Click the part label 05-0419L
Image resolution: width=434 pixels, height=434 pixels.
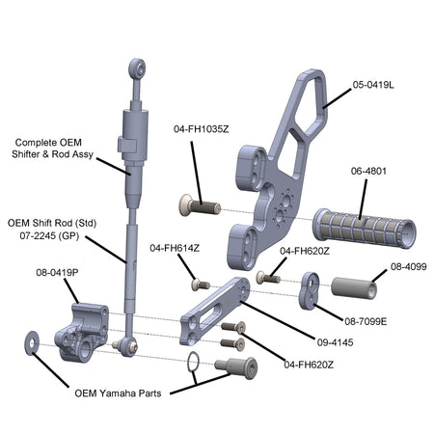point(373,85)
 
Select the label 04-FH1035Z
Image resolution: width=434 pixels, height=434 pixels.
point(202,129)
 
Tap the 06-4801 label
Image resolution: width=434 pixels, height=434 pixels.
point(368,171)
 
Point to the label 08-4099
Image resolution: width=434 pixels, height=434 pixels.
point(409,266)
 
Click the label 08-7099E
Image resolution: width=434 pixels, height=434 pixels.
point(366,321)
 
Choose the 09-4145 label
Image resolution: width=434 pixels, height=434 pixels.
point(335,342)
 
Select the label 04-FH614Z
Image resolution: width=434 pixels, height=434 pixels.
point(175,248)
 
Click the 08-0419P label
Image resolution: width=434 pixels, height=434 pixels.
point(57,273)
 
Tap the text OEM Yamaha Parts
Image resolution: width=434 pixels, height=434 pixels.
point(118,393)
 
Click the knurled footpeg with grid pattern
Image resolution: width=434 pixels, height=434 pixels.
point(364,229)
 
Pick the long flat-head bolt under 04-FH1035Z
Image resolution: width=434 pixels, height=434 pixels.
point(200,205)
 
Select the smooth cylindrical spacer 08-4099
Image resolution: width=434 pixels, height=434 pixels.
point(354,287)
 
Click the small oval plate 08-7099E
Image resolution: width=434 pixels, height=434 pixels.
point(310,290)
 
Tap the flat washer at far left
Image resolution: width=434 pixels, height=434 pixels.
point(32,343)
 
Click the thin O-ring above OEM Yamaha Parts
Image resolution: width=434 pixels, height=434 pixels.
point(193,362)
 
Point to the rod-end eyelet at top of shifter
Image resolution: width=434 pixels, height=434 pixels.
point(137,68)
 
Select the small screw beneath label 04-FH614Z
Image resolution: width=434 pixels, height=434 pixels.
point(201,285)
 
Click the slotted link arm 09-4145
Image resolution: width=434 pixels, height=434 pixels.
point(215,311)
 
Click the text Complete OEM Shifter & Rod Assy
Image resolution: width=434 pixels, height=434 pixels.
point(52,149)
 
